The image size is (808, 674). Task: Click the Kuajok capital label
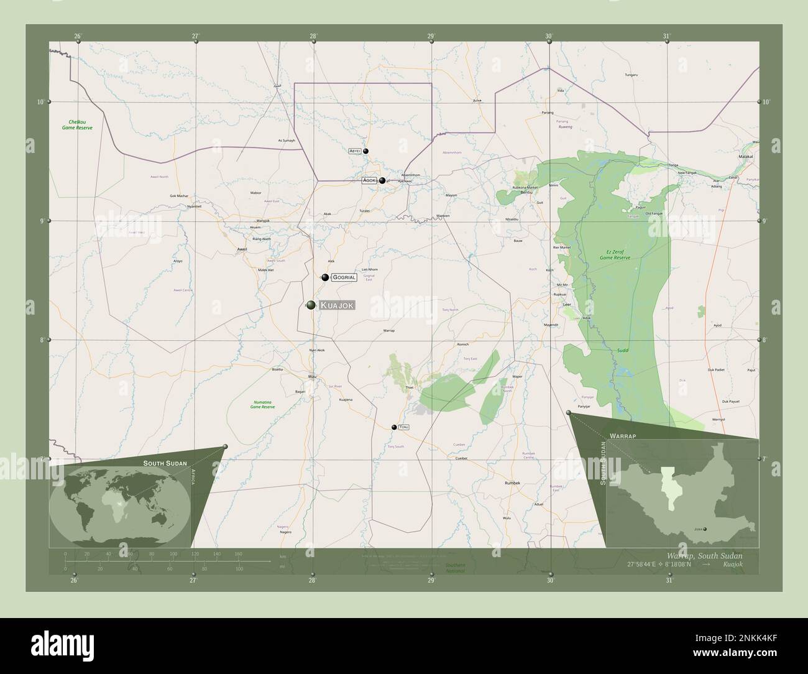pyautogui.click(x=337, y=305)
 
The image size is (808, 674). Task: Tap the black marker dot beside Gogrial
pyautogui.click(x=325, y=277)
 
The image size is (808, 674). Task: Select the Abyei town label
pyautogui.click(x=355, y=151)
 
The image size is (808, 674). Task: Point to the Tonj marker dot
pyautogui.click(x=394, y=427)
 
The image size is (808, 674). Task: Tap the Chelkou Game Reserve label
pyautogui.click(x=77, y=124)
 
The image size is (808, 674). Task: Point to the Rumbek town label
pyautogui.click(x=512, y=482)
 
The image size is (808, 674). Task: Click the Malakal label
pyautogui.click(x=745, y=157)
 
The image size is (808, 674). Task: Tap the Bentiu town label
pyautogui.click(x=526, y=193)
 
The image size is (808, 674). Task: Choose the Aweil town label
pyautogui.click(x=242, y=249)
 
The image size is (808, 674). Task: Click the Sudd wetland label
pyautogui.click(x=622, y=351)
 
